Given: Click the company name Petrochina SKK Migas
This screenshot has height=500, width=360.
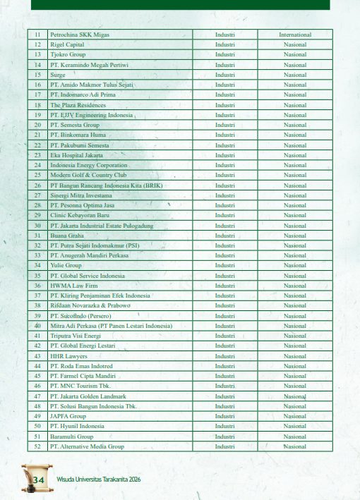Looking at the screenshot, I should coord(80,35).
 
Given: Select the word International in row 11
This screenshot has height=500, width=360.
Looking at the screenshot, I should coord(295,35).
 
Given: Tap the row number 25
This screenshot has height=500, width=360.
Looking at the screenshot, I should coord(37,175).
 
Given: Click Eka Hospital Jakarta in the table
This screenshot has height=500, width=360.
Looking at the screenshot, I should coord(76,154).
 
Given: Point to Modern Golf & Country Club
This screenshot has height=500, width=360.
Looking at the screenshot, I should coord(88,175).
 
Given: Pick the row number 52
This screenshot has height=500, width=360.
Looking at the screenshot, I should coord(37,446).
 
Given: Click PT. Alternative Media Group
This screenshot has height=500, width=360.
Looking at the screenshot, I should coord(87,446).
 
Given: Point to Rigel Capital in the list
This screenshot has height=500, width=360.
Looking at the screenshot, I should coord(67,44).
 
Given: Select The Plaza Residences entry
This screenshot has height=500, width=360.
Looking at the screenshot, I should coord(78,104).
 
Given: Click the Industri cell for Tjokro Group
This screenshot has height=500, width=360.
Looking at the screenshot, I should coord(225,54).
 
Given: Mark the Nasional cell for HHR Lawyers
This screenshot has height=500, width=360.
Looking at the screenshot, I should coord(295,356).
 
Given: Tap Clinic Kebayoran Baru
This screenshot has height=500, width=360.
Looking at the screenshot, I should coord(79,215).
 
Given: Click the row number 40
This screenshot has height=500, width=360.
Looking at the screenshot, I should coord(37,326).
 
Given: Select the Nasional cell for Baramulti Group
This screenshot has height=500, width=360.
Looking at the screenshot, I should coord(295,437).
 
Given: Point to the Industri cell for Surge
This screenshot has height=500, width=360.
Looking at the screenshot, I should coord(225,75).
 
